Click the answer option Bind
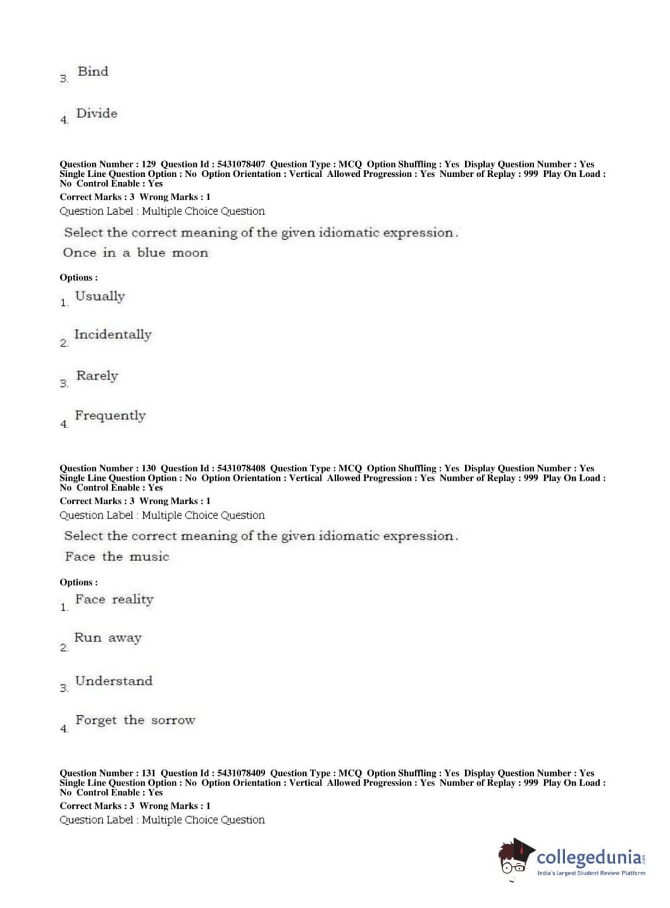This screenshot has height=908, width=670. point(92,72)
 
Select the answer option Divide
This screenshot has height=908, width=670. point(96,114)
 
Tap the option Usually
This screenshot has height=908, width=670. point(100,297)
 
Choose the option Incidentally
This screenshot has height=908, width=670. point(112,335)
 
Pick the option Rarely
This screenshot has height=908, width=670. point(97,376)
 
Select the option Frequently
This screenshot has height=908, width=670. point(110,416)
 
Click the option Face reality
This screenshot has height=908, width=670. point(114,600)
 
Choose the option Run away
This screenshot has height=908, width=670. point(107,638)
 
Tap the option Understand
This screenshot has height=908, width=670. point(114,681)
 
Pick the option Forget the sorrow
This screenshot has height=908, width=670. point(135,721)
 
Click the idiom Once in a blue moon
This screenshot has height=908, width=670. point(135,253)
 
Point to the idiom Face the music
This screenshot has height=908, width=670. point(117,556)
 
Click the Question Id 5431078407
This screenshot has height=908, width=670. point(241,164)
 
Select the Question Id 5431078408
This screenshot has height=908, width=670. point(241,469)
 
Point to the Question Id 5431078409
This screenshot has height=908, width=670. point(241,773)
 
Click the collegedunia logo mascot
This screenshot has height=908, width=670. point(515,856)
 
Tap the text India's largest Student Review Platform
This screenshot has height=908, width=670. point(591,873)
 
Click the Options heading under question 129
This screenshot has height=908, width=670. point(78,278)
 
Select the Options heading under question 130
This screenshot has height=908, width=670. point(78,583)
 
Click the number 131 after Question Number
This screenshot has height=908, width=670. point(149,773)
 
